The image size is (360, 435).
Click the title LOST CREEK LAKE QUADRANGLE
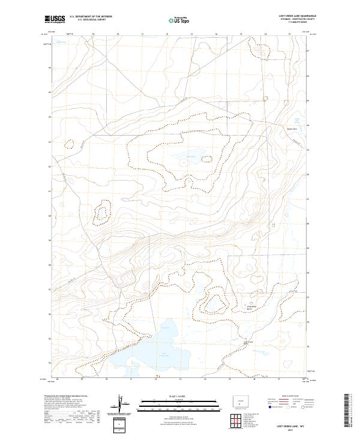[298, 16]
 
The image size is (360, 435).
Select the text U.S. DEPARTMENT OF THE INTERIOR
[91, 16]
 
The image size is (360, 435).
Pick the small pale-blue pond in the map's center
[183, 159]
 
